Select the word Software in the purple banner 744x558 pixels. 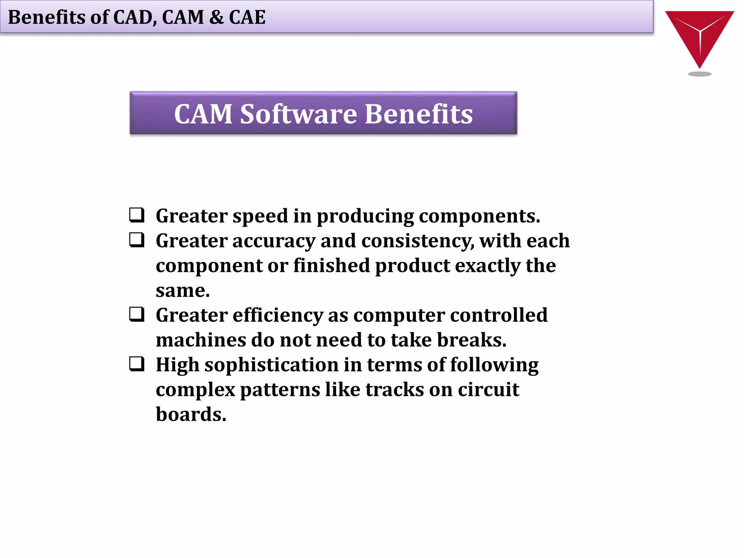[x=299, y=114]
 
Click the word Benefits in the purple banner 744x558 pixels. [x=418, y=114]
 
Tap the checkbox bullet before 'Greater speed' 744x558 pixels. [x=137, y=215]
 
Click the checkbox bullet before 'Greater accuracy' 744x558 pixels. [x=137, y=240]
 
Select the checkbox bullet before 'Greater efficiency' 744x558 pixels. [x=137, y=314]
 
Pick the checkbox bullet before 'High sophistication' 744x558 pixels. [x=137, y=364]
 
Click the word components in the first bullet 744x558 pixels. [x=479, y=217]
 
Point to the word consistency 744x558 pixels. [x=417, y=241]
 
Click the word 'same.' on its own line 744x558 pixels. [x=183, y=291]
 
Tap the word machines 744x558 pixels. [x=201, y=340]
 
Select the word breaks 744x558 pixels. [x=471, y=340]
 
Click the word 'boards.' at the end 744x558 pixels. [x=191, y=415]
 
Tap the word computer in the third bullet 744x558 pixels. [x=399, y=315]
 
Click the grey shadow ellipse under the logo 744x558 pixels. [x=699, y=74]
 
